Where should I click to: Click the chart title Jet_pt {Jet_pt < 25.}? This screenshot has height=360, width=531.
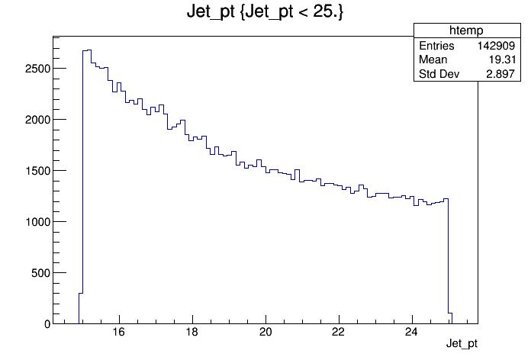265,12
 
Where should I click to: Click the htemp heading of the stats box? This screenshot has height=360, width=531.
466,31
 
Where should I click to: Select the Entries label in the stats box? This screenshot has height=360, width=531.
436,46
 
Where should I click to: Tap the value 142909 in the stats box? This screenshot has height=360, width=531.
496,46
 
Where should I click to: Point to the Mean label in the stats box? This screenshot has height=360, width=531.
433,59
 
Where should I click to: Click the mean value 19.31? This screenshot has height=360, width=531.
502,59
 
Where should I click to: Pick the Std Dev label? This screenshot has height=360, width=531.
439,74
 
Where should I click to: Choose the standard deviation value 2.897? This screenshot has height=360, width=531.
500,74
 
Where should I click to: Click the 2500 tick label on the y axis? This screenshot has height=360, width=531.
37,69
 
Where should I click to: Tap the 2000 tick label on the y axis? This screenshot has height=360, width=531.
37,120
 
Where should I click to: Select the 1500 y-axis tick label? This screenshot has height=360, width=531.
37,171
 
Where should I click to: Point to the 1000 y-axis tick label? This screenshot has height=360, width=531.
37,222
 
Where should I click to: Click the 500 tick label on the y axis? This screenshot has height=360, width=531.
40,273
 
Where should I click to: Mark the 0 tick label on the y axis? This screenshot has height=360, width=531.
47,324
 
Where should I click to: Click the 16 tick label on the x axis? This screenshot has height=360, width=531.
118,333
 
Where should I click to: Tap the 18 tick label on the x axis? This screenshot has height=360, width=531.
192,333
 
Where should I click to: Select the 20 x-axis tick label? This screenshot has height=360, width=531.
265,333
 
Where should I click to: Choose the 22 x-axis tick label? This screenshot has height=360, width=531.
338,333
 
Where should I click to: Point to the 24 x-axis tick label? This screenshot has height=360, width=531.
411,333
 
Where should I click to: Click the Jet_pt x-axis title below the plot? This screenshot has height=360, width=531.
462,344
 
